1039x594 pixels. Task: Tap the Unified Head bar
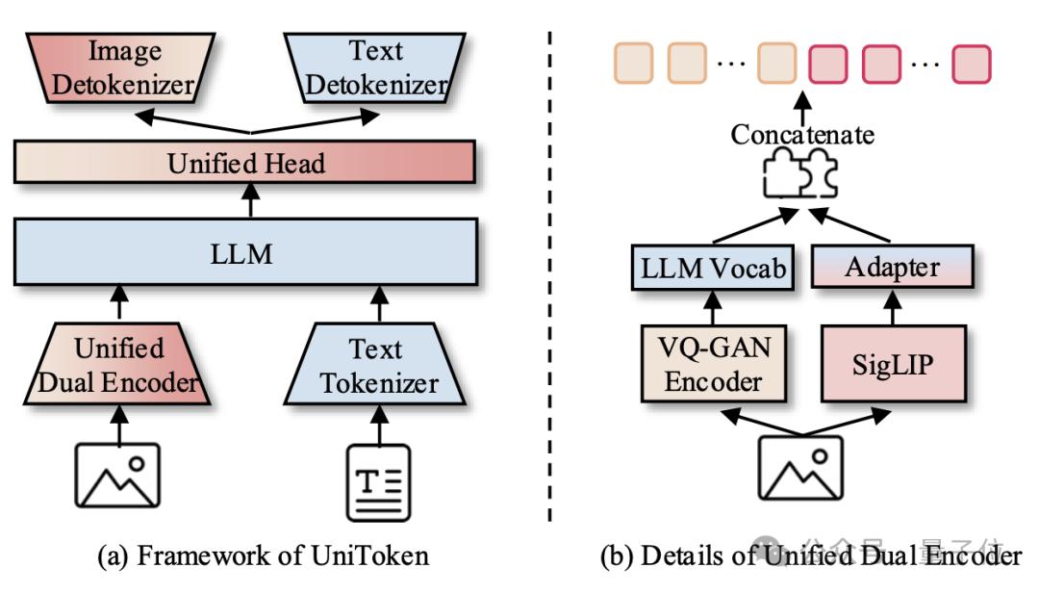click(245, 163)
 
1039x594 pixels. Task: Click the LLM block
click(245, 254)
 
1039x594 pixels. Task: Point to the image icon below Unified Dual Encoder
click(118, 476)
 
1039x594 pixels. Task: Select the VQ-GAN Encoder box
click(713, 364)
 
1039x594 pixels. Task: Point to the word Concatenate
click(802, 135)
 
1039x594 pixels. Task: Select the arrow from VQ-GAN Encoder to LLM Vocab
click(713, 307)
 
